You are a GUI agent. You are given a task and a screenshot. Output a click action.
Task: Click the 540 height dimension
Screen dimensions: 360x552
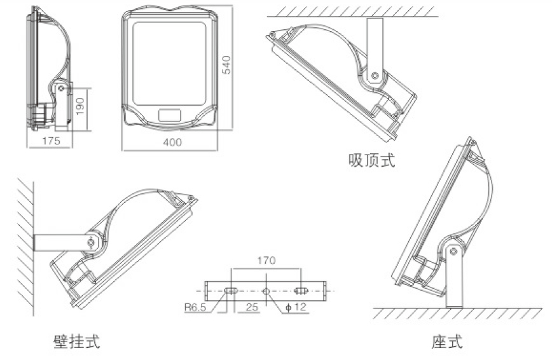[224, 64]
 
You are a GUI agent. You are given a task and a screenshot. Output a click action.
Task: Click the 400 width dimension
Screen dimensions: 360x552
[172, 142]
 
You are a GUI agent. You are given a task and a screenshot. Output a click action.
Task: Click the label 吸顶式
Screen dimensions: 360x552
[371, 160]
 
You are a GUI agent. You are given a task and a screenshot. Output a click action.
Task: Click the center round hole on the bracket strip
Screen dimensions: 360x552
[266, 291]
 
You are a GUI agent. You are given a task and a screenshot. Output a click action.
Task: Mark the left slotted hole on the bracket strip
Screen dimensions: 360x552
[230, 291]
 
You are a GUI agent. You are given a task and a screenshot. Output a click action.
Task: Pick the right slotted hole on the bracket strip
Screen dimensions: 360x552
[301, 291]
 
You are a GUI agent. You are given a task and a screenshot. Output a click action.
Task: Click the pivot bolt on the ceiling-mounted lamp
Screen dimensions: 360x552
[375, 76]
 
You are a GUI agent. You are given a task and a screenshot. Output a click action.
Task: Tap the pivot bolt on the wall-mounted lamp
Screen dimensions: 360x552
[92, 242]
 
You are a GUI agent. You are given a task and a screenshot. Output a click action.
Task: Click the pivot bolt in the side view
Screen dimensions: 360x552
[61, 89]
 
